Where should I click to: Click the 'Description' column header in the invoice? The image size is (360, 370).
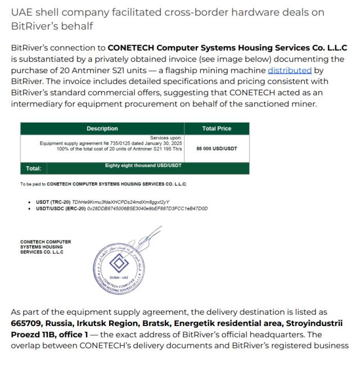coord(102,129)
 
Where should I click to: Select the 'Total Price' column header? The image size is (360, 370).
coord(217,129)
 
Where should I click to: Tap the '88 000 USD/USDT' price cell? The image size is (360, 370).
coord(217,149)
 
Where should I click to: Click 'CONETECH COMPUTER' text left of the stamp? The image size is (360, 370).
coord(46,243)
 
